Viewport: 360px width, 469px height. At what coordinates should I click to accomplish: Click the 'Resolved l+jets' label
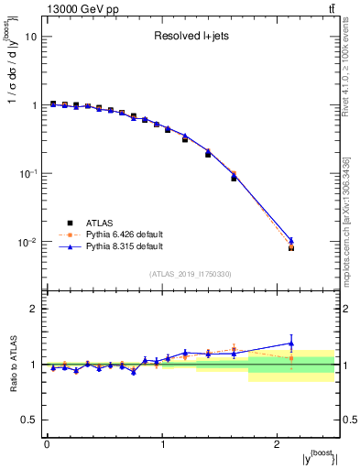point(190,38)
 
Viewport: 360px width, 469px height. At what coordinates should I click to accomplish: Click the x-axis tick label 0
point(47,444)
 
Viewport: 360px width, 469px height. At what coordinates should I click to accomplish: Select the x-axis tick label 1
point(162,444)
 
